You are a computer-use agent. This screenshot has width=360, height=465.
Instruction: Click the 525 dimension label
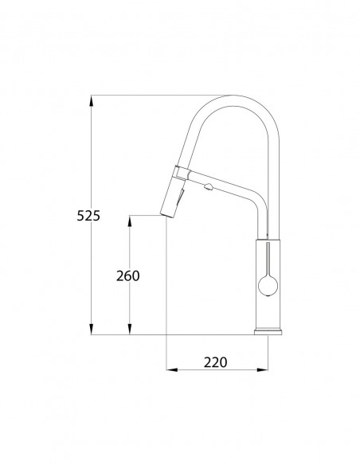pos(88,216)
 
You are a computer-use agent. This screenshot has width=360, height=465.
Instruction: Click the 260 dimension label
pos(127,276)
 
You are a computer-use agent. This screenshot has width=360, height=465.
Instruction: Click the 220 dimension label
pos(215,362)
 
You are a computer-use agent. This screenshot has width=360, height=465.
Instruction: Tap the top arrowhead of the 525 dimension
pos(92,101)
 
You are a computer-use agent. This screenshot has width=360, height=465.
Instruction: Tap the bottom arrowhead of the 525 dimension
pos(92,329)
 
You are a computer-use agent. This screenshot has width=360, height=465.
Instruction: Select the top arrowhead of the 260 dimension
pos(129,221)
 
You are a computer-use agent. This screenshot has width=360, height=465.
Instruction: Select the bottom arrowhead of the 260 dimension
pos(129,329)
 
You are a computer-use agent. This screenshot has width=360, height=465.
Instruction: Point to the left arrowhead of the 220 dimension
pos(172,369)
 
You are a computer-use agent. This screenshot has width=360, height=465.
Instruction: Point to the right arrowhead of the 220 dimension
pos(262,369)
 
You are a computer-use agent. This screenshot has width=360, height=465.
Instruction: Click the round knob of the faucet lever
pos(268,286)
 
